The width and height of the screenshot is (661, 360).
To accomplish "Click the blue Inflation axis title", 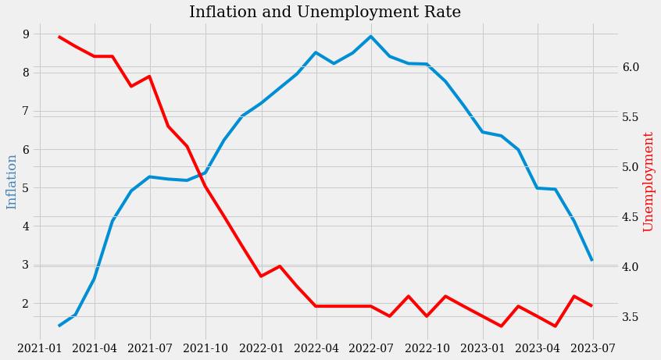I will (x=12, y=182).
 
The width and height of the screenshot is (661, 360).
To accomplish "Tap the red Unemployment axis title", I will (x=648, y=181).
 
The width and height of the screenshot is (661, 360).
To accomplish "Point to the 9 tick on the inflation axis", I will (x=26, y=34).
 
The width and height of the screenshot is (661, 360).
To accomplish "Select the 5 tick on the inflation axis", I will (x=26, y=188).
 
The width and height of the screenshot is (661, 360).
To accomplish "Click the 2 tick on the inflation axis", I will (x=26, y=304).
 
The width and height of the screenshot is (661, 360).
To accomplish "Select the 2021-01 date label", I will (x=40, y=348).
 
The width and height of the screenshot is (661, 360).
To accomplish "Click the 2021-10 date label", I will (x=205, y=348).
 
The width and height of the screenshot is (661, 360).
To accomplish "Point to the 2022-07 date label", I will (x=371, y=348).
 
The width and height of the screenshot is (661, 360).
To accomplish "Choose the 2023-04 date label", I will (x=538, y=348).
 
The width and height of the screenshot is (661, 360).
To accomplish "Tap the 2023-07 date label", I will (x=593, y=348).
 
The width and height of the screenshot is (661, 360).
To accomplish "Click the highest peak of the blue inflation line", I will (x=371, y=36).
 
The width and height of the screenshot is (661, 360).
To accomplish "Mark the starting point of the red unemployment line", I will (x=59, y=37).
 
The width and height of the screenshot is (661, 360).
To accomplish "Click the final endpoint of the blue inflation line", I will (x=592, y=260).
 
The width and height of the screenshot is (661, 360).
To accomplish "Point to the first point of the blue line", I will (x=59, y=326).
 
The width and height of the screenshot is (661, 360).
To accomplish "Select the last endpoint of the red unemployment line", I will (x=592, y=306).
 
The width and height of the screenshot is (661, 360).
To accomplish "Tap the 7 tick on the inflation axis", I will (x=26, y=112).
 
